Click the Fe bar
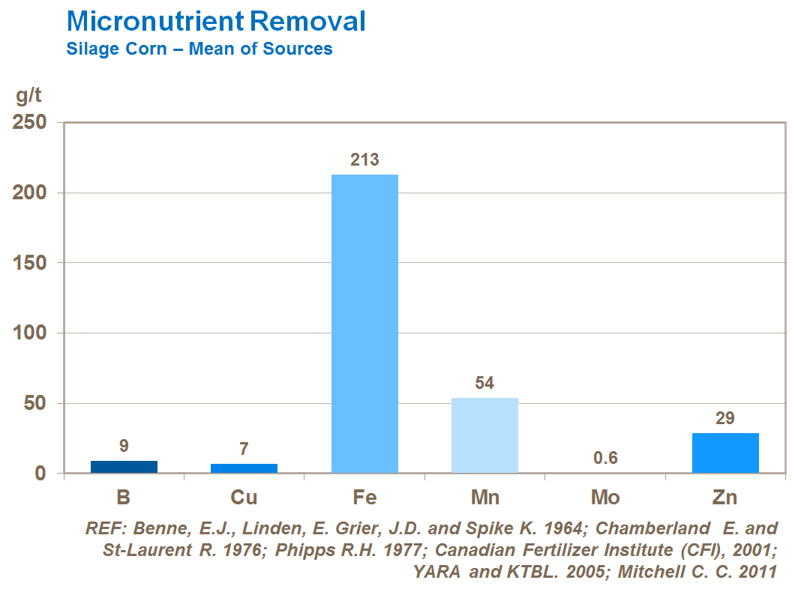click(364, 324)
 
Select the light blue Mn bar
click(484, 435)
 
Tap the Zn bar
click(725, 453)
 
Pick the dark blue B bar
click(124, 467)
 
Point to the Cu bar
click(244, 468)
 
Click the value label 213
click(364, 160)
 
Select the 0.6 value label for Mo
click(604, 458)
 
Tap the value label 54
click(484, 383)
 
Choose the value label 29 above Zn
click(724, 418)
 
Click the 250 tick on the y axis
click(31, 122)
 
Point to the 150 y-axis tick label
click(31, 263)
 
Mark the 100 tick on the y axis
click(31, 333)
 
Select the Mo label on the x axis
click(604, 498)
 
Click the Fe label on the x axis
click(364, 498)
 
